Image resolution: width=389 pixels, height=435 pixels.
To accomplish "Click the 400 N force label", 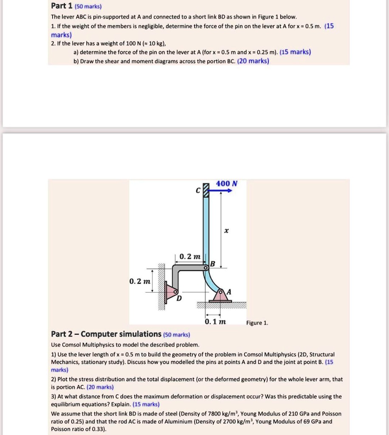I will coord(227,184).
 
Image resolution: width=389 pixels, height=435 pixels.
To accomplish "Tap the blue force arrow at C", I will coord(222,191).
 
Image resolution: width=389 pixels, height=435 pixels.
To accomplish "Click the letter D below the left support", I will coord(179,299).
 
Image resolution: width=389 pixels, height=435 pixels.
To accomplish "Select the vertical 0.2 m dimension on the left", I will coord(140,282).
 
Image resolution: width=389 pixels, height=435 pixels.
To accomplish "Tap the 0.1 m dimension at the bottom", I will coord(214,322).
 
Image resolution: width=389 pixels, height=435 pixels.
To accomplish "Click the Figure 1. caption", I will coord(257,323).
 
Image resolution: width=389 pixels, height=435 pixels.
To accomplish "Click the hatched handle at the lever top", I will coord(207,190).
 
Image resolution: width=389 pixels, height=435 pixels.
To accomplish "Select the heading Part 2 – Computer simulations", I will coord(106,334).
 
